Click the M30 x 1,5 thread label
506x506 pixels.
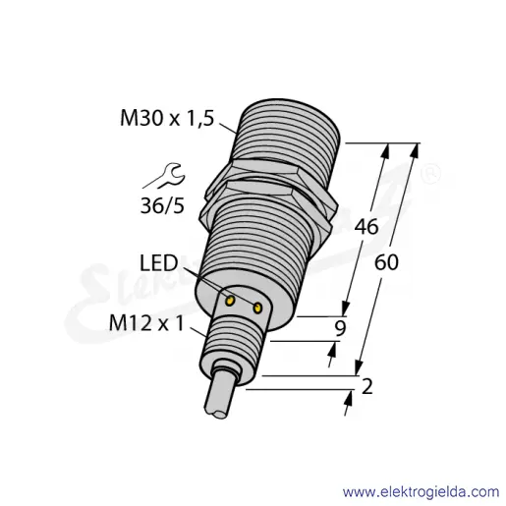(x=167, y=119)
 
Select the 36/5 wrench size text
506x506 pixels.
(x=162, y=205)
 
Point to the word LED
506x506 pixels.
(x=159, y=263)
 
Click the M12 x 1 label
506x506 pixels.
(x=146, y=323)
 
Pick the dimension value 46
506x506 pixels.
(x=366, y=226)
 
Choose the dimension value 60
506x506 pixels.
(x=386, y=262)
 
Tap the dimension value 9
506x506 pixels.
(x=340, y=328)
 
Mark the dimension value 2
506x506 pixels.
(x=366, y=386)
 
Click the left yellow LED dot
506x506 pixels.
(x=231, y=301)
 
